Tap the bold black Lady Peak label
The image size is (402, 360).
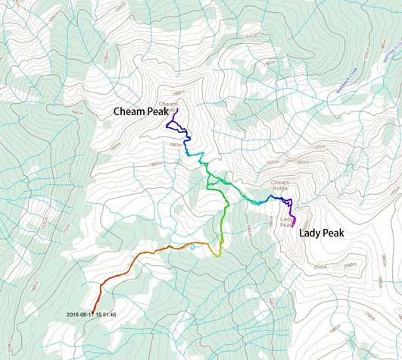(x=321, y=233)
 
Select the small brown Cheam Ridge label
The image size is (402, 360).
(x=280, y=185)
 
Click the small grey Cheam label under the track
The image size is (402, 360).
(x=167, y=104)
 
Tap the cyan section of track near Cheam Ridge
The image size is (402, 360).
(x=257, y=202)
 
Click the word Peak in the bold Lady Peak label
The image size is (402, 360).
(x=332, y=233)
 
